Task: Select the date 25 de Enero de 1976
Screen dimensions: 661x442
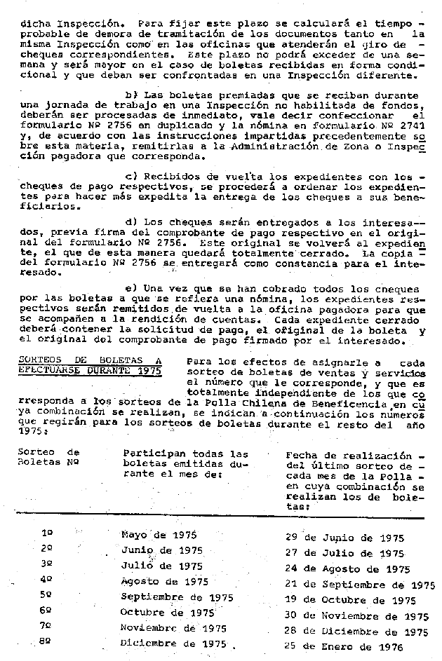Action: click(344, 646)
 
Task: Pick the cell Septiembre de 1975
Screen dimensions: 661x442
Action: click(168, 598)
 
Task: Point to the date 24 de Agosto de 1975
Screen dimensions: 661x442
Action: click(347, 569)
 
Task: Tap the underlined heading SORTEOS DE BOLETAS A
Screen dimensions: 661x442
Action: click(89, 360)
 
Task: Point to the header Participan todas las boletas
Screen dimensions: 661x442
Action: click(185, 463)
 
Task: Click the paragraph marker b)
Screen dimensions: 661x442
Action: click(129, 94)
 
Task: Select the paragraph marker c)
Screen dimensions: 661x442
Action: click(129, 176)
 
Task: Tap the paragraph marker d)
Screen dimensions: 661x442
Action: click(129, 222)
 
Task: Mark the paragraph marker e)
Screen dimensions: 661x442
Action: click(129, 289)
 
